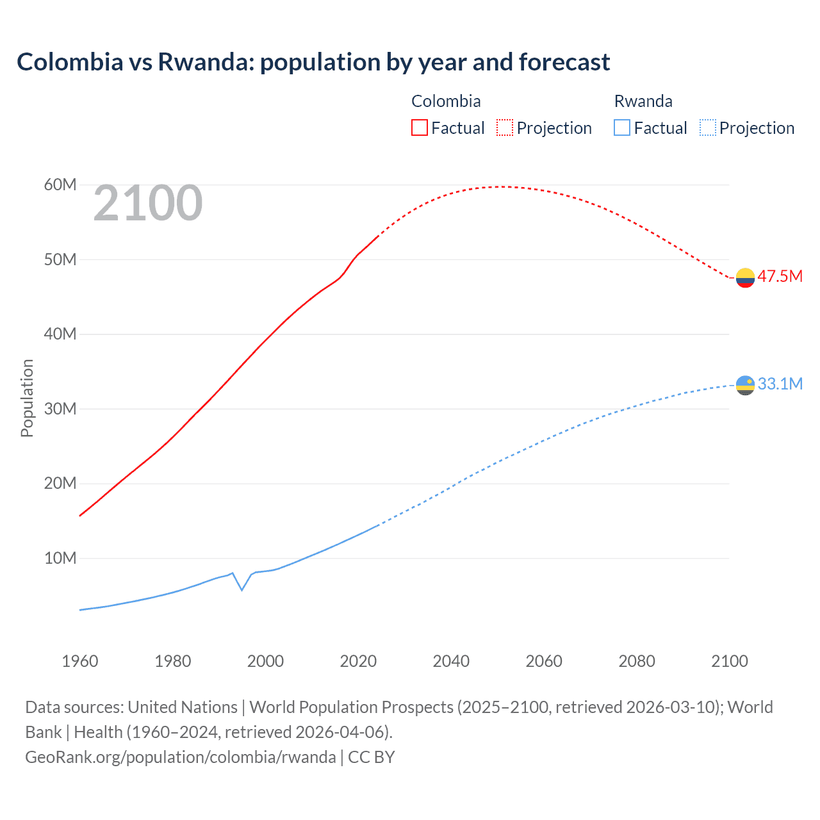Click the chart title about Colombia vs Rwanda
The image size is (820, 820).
click(x=313, y=62)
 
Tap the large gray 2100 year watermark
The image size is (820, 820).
click(x=148, y=203)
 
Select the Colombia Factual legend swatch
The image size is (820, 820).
click(x=419, y=127)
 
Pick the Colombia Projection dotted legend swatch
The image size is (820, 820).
click(x=505, y=127)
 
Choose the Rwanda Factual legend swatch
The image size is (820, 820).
click(x=622, y=127)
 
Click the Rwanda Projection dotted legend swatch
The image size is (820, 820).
click(x=707, y=127)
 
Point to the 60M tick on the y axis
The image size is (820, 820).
click(x=60, y=185)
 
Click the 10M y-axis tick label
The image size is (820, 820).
click(x=60, y=558)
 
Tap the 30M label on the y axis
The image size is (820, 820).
click(x=60, y=409)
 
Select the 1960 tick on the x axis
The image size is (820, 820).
click(x=80, y=661)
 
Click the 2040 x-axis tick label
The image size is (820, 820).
click(x=451, y=661)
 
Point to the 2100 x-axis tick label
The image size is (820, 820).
click(x=730, y=661)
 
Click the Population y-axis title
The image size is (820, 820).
click(x=27, y=398)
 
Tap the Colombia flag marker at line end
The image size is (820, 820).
click(x=745, y=277)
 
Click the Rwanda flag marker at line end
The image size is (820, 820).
click(x=745, y=385)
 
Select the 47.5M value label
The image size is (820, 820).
click(x=780, y=276)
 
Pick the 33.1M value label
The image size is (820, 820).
click(x=780, y=384)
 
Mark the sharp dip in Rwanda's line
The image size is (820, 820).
click(x=242, y=589)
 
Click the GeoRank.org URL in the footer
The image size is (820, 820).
click(x=181, y=757)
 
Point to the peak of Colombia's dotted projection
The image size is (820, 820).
click(x=502, y=186)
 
